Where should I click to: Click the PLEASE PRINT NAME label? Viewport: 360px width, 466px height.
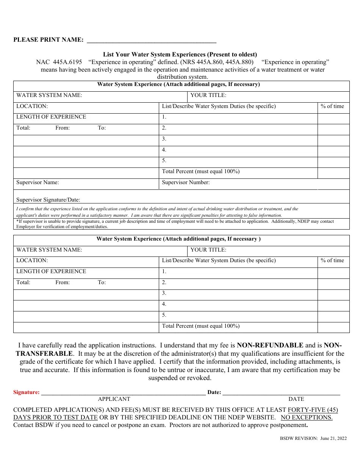[49, 40]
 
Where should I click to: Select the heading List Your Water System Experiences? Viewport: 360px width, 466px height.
[180, 54]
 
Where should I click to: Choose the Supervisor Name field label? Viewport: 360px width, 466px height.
[38, 182]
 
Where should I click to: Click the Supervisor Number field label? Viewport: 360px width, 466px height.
[186, 182]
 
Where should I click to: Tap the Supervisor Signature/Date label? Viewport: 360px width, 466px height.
[48, 200]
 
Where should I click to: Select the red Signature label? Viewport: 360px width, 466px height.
[27, 392]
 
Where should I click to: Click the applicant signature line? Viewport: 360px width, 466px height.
[123, 393]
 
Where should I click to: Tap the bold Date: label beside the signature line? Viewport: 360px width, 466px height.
[214, 392]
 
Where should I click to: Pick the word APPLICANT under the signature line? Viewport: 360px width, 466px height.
[114, 399]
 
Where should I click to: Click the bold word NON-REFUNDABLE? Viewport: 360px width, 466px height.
[270, 345]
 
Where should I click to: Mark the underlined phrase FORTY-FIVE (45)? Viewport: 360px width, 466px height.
[313, 410]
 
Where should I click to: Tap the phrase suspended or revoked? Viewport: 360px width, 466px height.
[180, 378]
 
